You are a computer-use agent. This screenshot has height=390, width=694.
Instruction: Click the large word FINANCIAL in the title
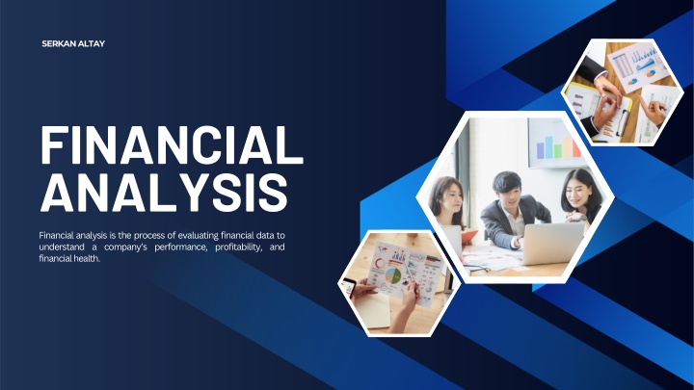(x=173, y=145)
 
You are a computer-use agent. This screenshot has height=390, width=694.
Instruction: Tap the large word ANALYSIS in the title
(x=164, y=193)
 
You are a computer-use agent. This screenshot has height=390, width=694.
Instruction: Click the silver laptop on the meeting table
(x=552, y=244)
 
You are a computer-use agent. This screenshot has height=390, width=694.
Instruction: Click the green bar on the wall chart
(x=558, y=150)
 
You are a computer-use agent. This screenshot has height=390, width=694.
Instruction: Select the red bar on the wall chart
(x=575, y=148)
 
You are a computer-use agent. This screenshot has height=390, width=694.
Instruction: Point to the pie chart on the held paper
(x=393, y=275)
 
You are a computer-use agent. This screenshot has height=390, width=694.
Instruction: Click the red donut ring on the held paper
(x=380, y=264)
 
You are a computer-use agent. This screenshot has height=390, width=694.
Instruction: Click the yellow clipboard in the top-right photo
(x=599, y=112)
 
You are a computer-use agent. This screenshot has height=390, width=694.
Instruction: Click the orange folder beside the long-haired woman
(x=468, y=237)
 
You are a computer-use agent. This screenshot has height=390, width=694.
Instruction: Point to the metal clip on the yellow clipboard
(x=621, y=120)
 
